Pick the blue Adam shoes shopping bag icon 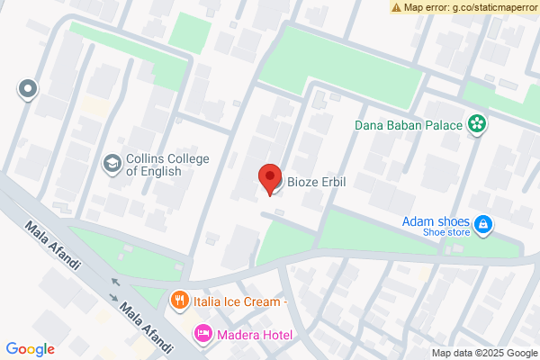tap(483, 223)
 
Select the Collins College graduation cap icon tap(112, 164)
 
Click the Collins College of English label tap(167, 164)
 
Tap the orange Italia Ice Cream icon tap(180, 301)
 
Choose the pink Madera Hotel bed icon tap(202, 335)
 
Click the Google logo tap(31, 349)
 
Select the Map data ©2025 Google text tap(484, 353)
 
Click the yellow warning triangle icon tap(396, 7)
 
